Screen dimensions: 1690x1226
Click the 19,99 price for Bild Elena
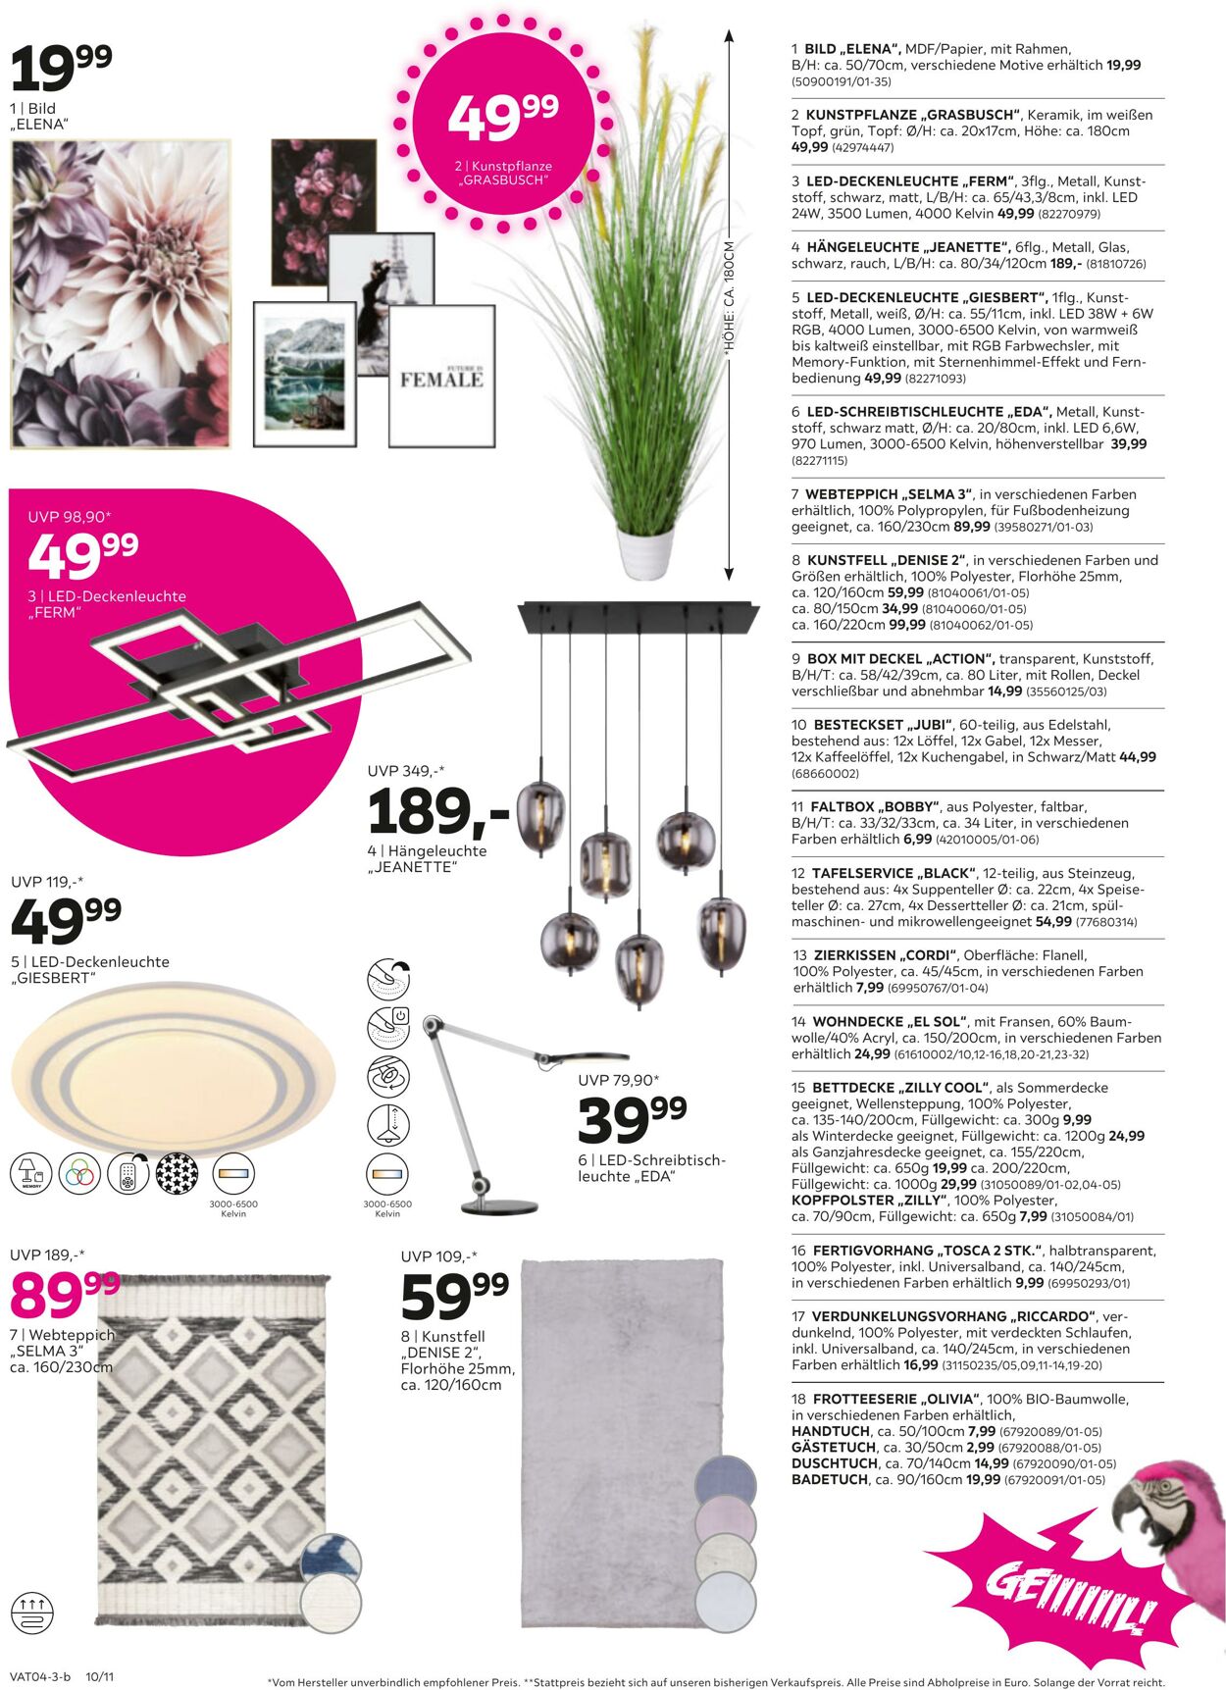click(61, 67)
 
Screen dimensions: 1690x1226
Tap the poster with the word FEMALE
click(441, 377)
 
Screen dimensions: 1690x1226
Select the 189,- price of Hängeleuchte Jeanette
click(438, 811)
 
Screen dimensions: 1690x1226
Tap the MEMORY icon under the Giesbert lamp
click(30, 1173)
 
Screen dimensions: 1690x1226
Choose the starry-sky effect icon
click(178, 1173)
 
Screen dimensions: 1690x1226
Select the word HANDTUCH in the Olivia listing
click(830, 1431)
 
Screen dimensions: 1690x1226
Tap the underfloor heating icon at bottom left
click(31, 1612)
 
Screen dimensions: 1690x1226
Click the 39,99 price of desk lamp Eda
click(632, 1119)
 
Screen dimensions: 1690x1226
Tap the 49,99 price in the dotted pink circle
click(502, 117)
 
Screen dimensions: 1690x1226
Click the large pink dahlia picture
click(120, 294)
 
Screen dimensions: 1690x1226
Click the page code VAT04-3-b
click(39, 1676)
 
